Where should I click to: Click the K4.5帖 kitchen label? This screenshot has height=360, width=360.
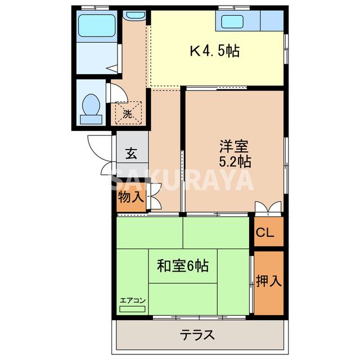coord(214,52)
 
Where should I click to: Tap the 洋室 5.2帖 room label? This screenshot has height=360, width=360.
coord(235,154)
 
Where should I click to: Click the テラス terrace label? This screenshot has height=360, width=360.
coord(197,335)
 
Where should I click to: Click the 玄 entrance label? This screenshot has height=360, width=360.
coord(131,153)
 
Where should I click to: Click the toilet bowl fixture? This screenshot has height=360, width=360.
coord(91,107)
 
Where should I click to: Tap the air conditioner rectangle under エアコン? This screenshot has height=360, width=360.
coord(132,308)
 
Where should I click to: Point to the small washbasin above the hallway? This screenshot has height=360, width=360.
coord(136,16)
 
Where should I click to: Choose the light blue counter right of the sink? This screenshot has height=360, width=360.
coord(272,21)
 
